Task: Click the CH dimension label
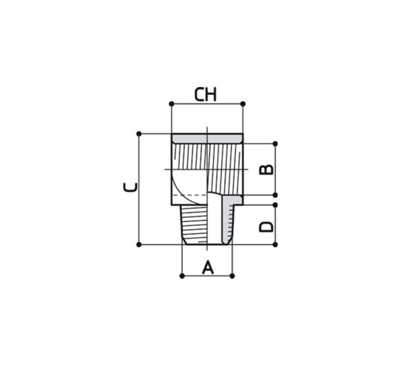click(205, 94)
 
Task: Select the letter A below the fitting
click(208, 267)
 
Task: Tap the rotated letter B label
click(266, 170)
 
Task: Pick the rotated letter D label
click(266, 227)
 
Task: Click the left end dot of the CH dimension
click(172, 104)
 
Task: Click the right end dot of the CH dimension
click(243, 104)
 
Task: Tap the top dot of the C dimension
click(139, 134)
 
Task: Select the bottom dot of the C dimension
click(139, 245)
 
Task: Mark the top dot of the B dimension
click(275, 144)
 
